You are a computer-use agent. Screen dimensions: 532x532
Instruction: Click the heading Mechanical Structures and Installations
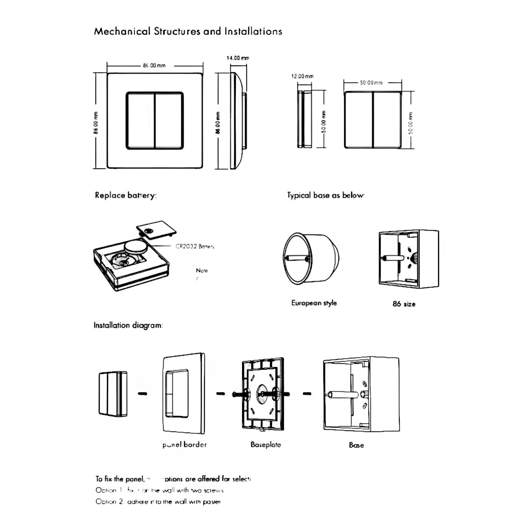(188, 32)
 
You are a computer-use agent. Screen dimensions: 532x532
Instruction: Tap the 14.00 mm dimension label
(237, 58)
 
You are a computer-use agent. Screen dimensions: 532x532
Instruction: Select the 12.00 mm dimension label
(302, 76)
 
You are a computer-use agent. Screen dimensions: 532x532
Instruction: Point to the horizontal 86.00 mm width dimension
(154, 66)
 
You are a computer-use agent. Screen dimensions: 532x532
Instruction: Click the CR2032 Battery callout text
(195, 246)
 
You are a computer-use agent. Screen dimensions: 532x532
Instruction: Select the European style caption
(314, 303)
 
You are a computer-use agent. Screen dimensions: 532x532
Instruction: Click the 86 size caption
(404, 304)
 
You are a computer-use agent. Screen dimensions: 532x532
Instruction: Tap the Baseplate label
(266, 445)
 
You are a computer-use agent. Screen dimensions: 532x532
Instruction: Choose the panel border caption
(184, 445)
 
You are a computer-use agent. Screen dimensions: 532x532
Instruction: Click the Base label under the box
(356, 445)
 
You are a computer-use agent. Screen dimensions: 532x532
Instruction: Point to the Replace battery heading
(126, 195)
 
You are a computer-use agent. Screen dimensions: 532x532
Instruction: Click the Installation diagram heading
(128, 325)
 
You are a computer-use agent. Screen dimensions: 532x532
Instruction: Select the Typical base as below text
(325, 195)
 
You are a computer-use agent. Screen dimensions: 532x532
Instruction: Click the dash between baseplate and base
(307, 394)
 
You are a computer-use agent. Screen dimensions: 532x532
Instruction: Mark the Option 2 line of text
(158, 501)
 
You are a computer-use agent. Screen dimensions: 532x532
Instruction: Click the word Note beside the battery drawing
(202, 271)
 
